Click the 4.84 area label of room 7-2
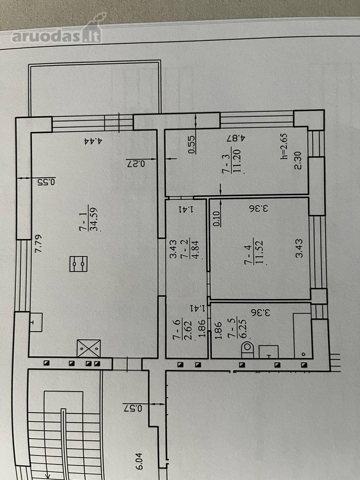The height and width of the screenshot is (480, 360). click(195, 249)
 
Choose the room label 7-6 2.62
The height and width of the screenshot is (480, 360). click(182, 330)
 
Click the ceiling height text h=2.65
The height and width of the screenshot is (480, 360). click(284, 146)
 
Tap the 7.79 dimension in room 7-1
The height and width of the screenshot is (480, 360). click(38, 243)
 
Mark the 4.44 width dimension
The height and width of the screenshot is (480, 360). click(93, 141)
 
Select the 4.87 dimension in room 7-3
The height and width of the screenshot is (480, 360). click(236, 138)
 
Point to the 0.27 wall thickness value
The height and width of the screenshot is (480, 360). click(135, 164)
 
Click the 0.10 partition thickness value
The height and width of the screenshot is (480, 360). click(217, 219)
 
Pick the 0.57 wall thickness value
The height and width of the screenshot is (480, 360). click(133, 409)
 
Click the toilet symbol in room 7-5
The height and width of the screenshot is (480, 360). click(247, 350)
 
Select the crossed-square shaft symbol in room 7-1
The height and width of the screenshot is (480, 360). click(89, 348)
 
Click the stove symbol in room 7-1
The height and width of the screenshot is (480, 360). click(79, 264)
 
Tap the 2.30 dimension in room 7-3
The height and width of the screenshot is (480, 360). click(298, 160)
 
